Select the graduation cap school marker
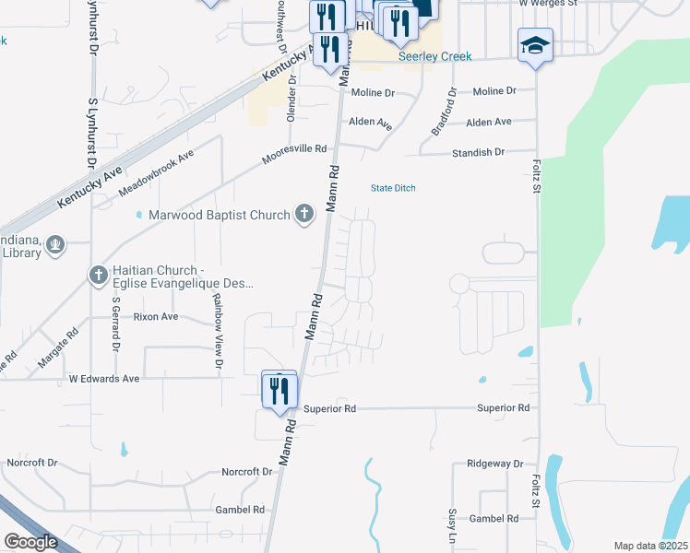tap(535, 47)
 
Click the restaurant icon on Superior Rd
tap(279, 390)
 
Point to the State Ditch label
tap(393, 188)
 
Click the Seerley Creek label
tap(434, 57)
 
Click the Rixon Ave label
tap(156, 317)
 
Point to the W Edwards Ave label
tap(103, 379)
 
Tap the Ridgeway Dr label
tap(494, 464)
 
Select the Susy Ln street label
tap(453, 525)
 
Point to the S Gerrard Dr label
tap(116, 324)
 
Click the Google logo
tap(30, 542)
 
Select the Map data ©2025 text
tap(650, 546)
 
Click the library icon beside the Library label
tap(55, 245)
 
